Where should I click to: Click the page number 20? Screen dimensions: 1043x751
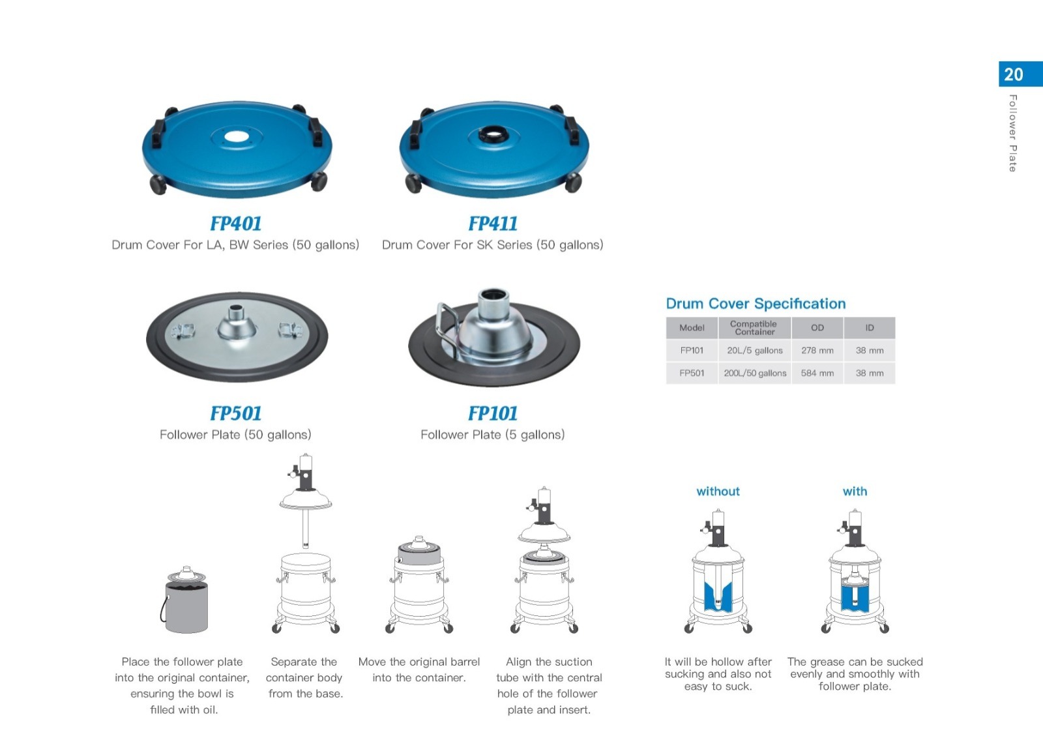(1013, 74)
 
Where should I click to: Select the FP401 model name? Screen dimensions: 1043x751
(235, 224)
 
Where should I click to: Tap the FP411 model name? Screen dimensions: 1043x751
(493, 224)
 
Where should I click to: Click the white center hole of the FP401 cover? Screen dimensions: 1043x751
(236, 137)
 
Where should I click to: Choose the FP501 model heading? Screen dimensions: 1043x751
(235, 413)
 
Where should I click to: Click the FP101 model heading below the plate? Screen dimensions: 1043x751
(493, 413)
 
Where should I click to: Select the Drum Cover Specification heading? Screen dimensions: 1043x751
(756, 304)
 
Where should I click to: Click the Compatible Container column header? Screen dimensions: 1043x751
(754, 328)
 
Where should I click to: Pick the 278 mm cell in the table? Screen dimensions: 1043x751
(817, 351)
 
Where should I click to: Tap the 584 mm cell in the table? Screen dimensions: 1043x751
(817, 373)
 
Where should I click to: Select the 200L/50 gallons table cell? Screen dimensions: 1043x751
(755, 373)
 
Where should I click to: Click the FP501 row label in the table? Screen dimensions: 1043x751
(692, 373)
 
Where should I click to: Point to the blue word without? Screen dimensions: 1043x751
(718, 491)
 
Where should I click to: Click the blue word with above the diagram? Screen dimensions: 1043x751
(855, 491)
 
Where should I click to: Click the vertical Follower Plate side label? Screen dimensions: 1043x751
(1013, 133)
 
